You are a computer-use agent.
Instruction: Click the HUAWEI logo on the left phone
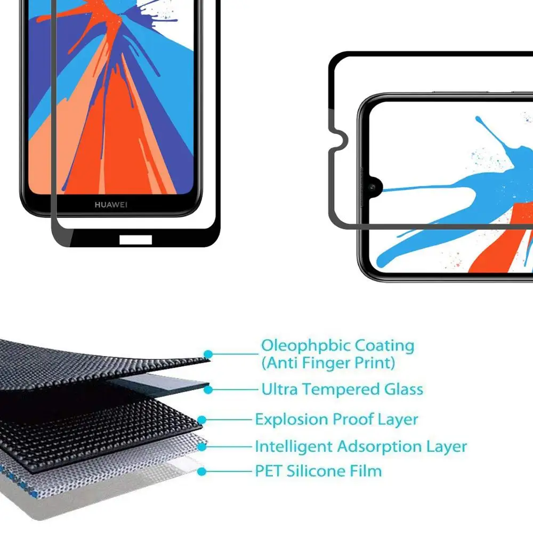tap(111, 205)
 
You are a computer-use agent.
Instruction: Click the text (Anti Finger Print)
tap(328, 364)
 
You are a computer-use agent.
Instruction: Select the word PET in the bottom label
tap(269, 471)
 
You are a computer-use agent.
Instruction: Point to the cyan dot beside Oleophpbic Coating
tap(208, 354)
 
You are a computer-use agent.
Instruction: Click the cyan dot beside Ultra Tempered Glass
tap(208, 390)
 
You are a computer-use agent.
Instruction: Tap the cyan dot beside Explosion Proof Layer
tap(202, 420)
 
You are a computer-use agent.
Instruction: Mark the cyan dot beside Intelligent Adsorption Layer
tap(202, 446)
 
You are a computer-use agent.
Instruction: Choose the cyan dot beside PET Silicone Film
tap(201, 471)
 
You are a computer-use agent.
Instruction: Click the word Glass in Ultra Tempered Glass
tap(403, 390)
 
